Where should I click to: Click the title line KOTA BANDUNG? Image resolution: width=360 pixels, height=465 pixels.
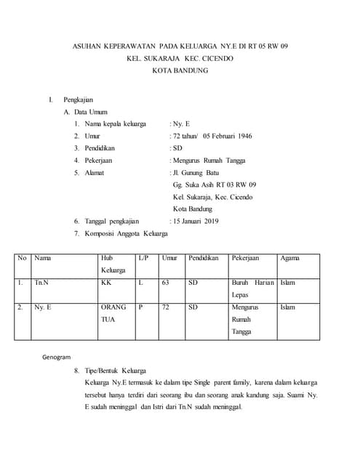coord(180,70)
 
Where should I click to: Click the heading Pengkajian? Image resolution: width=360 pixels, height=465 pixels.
coord(78,99)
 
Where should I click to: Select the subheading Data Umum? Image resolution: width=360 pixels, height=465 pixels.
coord(90,112)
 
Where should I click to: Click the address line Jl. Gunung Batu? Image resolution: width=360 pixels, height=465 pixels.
coord(194,172)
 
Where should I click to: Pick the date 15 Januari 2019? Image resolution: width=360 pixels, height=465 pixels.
coord(195,221)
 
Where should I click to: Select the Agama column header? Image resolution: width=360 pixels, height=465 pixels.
coord(289,258)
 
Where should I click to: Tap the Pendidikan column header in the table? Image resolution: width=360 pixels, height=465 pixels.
coord(203,258)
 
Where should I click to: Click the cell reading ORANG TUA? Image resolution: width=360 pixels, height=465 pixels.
coord(113,313)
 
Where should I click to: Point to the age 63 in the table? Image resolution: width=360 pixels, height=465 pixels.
coord(165,283)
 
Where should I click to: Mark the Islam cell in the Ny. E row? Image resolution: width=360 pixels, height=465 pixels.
coord(288,307)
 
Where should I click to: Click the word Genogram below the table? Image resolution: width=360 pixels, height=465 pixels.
coord(57,357)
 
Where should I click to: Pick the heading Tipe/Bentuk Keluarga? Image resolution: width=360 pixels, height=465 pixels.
coord(115,370)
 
